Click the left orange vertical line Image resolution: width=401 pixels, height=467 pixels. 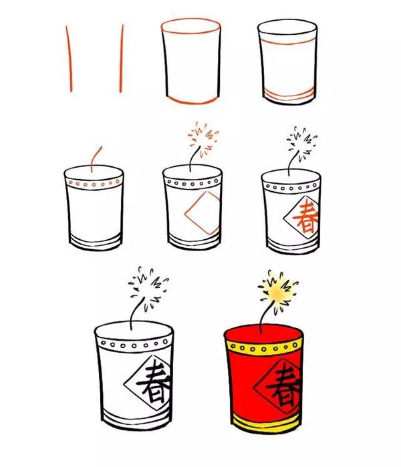68,59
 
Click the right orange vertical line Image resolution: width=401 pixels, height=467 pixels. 122,59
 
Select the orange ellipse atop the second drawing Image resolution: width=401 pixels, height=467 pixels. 190,27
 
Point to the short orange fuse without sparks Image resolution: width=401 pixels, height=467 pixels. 97,154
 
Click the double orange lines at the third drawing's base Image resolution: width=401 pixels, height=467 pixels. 288,94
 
